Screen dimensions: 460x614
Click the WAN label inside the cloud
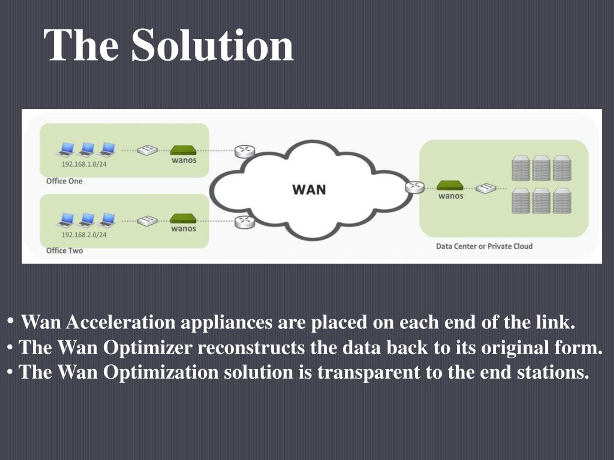(x=309, y=190)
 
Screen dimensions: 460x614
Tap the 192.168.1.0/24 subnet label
(x=84, y=164)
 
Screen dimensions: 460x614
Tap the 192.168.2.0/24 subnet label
(x=84, y=235)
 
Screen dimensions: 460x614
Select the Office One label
(x=64, y=181)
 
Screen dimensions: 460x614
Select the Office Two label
(x=64, y=251)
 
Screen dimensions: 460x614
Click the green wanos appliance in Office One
(x=183, y=150)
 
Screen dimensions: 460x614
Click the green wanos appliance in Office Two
(x=183, y=219)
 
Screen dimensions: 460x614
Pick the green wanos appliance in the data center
(x=450, y=185)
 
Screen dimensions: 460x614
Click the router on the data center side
(x=415, y=187)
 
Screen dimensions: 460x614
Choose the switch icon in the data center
(x=486, y=188)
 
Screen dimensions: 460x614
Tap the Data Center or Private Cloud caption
(x=484, y=246)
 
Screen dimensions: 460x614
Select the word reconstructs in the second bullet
(x=251, y=347)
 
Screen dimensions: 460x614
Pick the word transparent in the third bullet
(x=369, y=372)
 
